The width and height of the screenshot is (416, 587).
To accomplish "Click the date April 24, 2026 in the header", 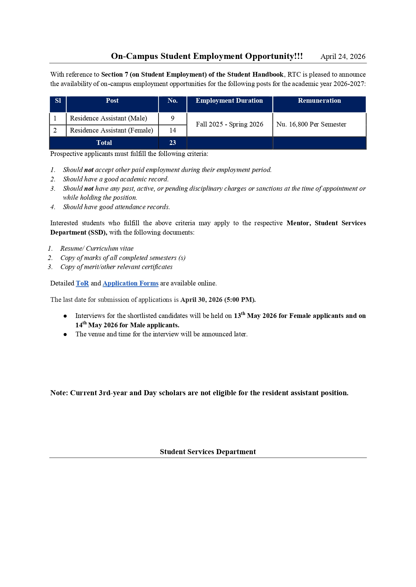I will [343, 57].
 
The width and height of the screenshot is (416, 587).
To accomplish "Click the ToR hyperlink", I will [82, 283].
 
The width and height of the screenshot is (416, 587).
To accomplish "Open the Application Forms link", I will [130, 283].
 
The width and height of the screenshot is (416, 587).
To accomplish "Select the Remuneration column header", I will [319, 101].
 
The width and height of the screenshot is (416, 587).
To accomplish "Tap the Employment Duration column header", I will [229, 101].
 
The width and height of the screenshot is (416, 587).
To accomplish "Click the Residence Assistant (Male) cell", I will [108, 118].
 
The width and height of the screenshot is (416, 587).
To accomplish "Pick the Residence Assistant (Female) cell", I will [111, 131].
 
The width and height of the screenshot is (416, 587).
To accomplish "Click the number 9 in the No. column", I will [173, 118].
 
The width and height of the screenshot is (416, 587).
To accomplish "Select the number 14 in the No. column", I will [173, 131].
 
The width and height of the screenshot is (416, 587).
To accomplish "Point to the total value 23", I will [173, 143].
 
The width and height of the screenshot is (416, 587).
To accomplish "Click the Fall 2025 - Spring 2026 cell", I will [230, 124].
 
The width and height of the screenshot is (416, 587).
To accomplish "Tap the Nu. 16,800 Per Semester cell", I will [311, 124].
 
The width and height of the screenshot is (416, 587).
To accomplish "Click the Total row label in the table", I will [104, 143].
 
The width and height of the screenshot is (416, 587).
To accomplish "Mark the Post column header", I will [112, 101].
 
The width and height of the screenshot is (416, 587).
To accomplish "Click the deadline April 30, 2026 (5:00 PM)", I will [218, 300].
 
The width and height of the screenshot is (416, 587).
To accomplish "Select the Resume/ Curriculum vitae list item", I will [97, 249].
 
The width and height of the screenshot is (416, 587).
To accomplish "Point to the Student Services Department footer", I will [208, 452].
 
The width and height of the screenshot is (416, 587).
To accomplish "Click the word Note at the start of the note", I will [59, 393].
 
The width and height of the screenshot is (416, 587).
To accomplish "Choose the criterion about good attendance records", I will [116, 207].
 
